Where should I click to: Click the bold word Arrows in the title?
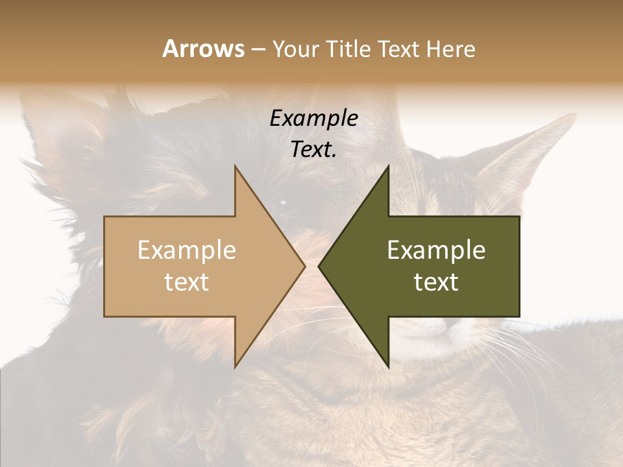203,49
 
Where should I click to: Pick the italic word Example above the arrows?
313,119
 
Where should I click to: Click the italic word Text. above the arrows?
313,149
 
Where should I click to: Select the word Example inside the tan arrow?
187,250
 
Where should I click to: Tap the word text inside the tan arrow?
187,281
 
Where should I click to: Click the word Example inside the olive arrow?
436,250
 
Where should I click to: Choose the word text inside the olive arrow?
436,281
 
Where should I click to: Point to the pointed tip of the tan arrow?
304,266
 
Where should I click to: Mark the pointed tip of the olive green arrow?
319,266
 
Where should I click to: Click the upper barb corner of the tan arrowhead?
235,166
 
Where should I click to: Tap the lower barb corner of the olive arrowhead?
389,367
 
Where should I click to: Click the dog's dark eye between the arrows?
284,204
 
